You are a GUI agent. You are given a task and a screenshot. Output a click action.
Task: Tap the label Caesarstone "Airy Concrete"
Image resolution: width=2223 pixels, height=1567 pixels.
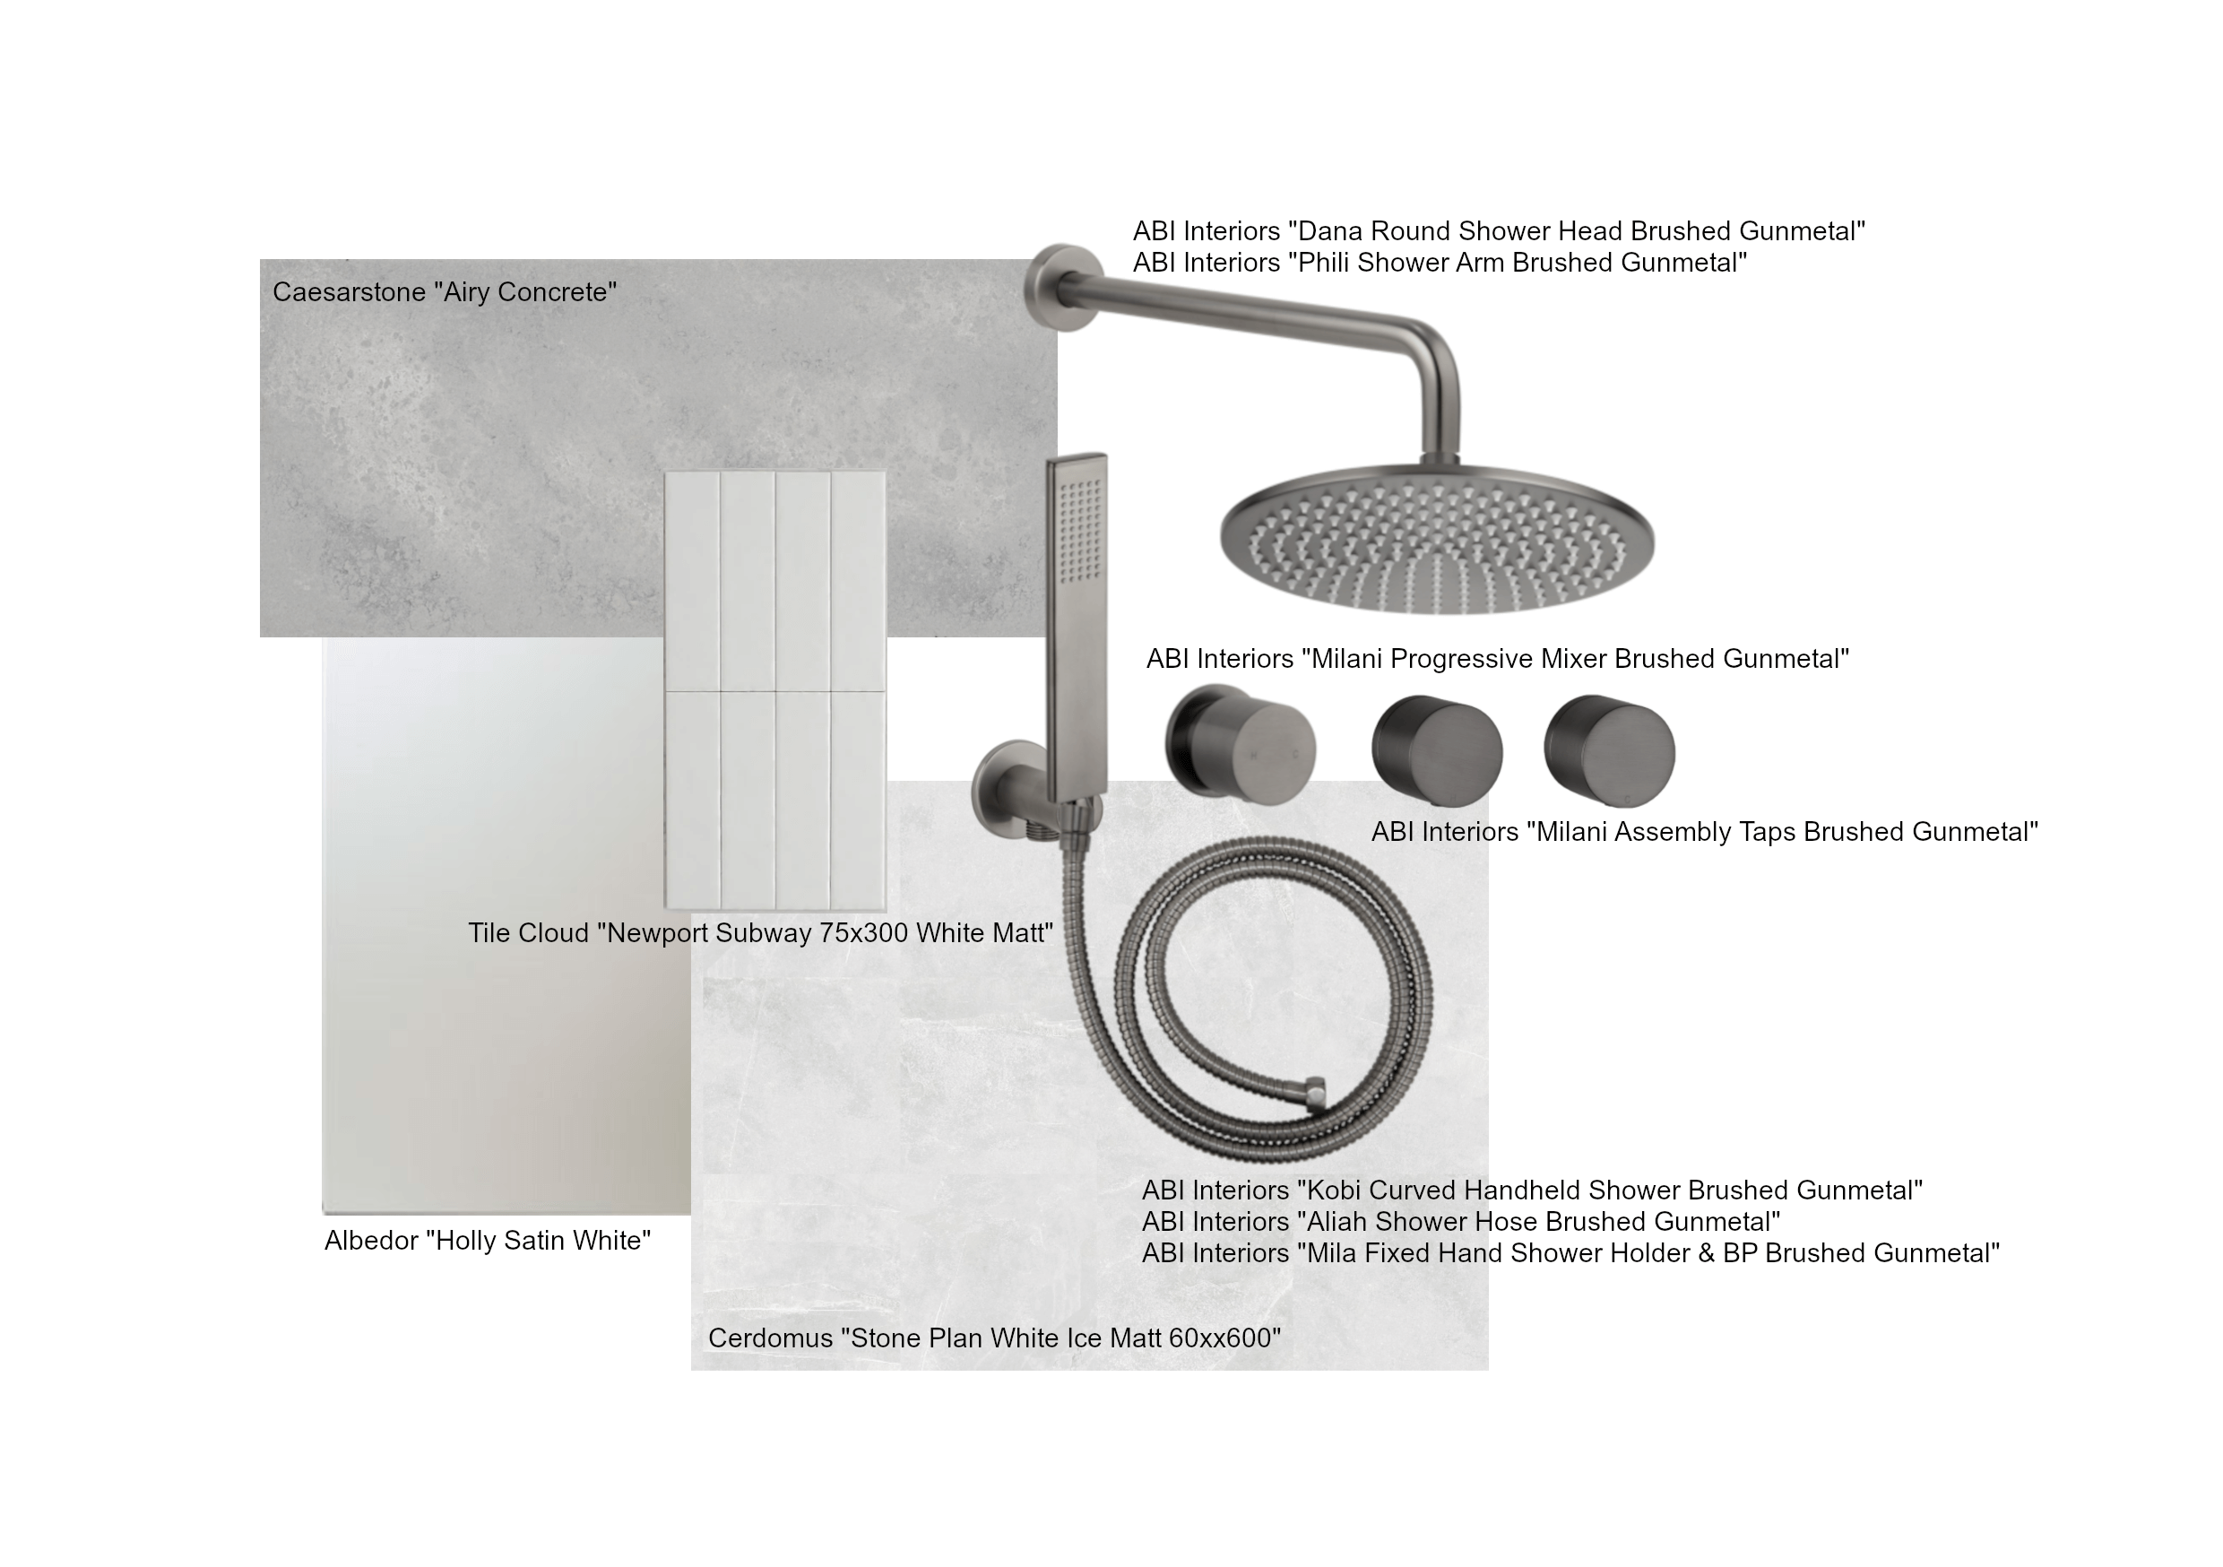click(445, 292)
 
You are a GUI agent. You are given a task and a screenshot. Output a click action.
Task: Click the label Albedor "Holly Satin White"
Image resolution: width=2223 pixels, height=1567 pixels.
click(488, 1241)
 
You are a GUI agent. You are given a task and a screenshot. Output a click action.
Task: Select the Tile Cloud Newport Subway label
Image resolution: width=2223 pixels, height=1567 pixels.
click(761, 932)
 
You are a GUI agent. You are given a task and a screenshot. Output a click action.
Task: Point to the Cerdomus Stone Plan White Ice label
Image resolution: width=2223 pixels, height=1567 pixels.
click(994, 1338)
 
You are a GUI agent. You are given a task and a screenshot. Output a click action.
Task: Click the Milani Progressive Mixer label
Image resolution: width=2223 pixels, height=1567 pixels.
click(1498, 659)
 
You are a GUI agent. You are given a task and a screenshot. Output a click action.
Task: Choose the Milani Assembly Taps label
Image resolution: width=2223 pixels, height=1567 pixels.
click(1705, 832)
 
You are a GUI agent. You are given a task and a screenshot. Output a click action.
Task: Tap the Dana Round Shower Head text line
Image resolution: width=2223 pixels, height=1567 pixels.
click(1499, 231)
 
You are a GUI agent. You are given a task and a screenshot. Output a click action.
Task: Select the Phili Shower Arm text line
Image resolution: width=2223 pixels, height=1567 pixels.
click(1440, 263)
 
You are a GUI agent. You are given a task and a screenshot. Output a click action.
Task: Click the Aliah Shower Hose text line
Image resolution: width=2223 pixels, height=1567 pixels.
click(1461, 1221)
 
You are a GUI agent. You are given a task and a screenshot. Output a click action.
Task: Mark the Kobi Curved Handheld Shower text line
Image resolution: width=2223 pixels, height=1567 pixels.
click(1532, 1190)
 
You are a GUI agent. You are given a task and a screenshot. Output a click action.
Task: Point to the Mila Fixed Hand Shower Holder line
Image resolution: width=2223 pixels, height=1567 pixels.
click(1570, 1253)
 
